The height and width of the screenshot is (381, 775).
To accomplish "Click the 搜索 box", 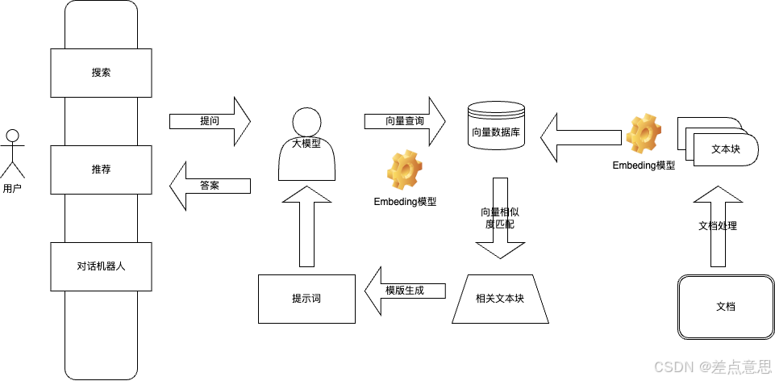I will tap(101, 73).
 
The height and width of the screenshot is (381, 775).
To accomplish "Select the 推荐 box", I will tap(101, 170).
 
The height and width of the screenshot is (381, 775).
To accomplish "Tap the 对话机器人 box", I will tap(101, 266).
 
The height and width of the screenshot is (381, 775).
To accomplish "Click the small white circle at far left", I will tap(12, 135).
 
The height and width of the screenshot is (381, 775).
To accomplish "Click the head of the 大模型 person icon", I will tap(306, 123).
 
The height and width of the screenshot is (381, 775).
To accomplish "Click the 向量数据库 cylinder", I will tap(496, 128).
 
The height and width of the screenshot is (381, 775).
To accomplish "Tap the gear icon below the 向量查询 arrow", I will tap(404, 170).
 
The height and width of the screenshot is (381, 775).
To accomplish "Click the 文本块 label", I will tap(724, 149).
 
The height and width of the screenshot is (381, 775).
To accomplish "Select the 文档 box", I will tap(726, 307).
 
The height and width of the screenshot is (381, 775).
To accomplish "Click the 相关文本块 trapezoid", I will tap(500, 299).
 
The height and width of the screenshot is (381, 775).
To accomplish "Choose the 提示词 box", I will tap(306, 299).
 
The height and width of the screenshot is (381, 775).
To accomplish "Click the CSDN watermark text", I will tap(710, 366).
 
